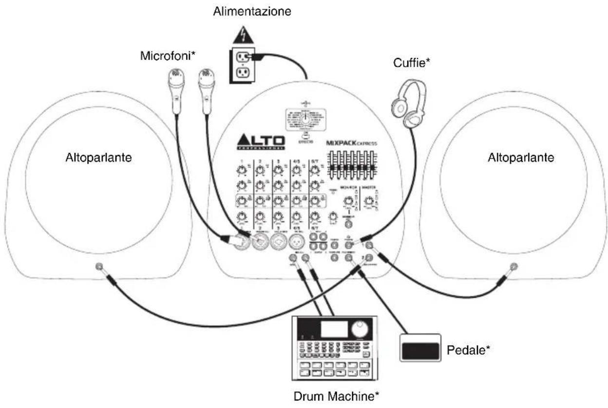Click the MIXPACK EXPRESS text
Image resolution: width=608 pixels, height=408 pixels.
click(x=352, y=144)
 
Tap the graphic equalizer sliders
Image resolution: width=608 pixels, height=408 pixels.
click(x=352, y=166)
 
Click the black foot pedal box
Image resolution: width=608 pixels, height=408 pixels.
click(x=419, y=348)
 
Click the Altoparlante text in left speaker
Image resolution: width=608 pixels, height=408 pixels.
click(x=98, y=157)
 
